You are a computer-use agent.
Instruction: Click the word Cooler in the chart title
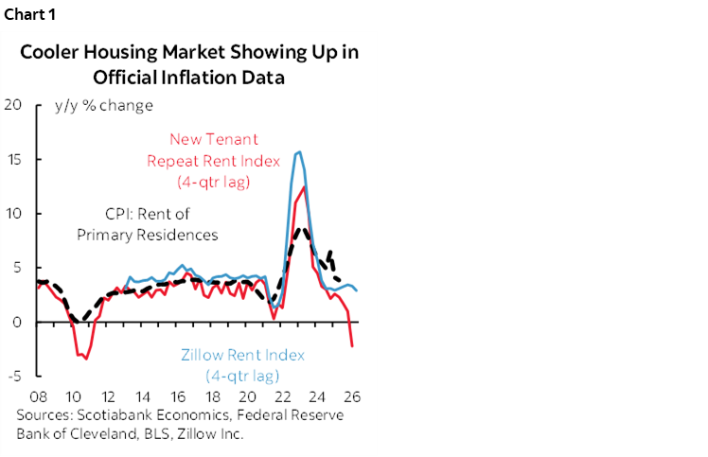pos(48,53)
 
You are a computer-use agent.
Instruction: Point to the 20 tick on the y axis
pos(12,105)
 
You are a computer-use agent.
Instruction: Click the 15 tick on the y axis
pos(12,159)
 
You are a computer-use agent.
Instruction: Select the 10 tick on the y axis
pos(12,214)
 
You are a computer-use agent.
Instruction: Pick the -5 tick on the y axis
pos(12,377)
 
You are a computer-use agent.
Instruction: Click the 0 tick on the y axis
pos(16,323)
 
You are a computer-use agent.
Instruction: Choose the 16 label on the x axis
pos(179,395)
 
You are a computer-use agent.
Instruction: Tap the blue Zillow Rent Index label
pos(243,356)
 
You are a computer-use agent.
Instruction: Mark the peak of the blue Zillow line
pos(299,151)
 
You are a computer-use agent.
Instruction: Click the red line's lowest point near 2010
pos(85,359)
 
